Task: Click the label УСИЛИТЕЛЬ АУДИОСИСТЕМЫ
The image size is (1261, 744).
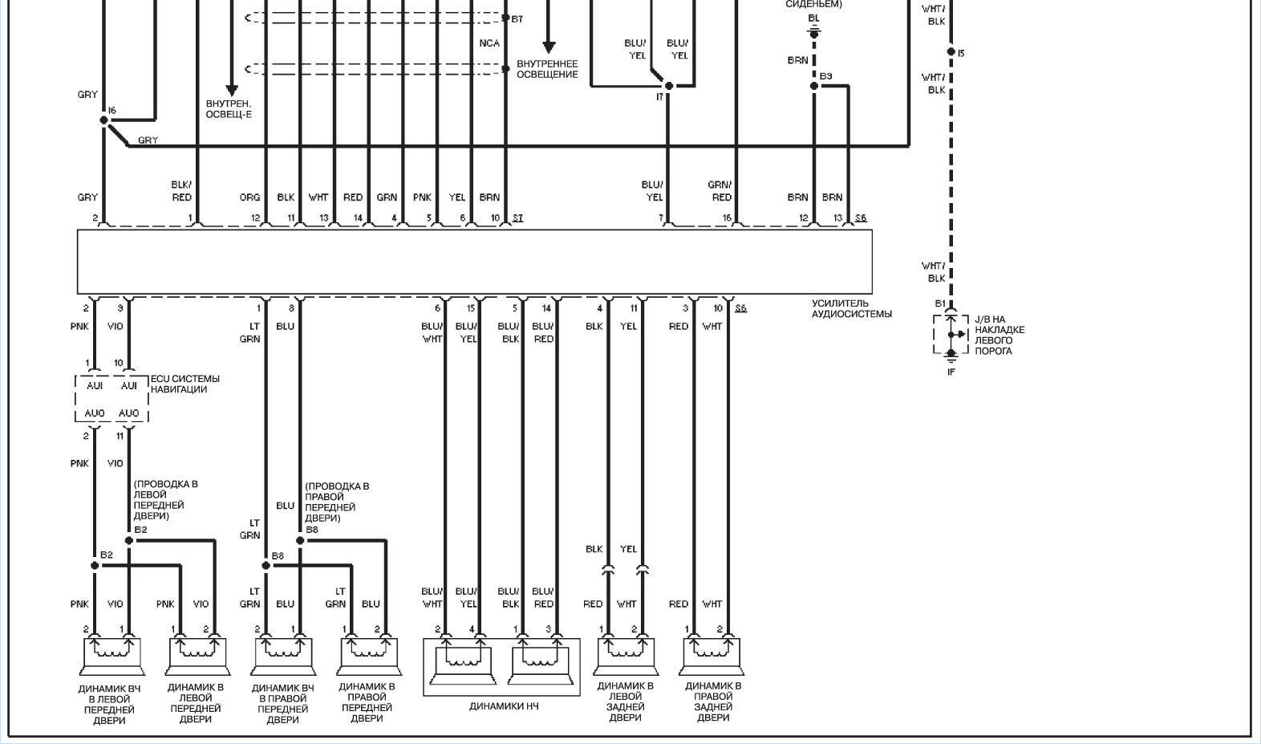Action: [851, 309]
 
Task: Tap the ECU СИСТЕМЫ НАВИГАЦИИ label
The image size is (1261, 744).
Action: [184, 384]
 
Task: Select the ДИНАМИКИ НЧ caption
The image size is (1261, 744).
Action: [504, 706]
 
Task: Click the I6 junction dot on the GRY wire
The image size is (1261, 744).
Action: [104, 120]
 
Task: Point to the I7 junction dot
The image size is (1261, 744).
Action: [669, 86]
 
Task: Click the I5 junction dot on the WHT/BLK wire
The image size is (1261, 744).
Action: [951, 52]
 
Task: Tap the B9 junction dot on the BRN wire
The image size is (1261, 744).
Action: [814, 86]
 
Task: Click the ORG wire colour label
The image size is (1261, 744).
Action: [249, 197]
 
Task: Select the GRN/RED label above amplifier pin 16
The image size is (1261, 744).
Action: [720, 191]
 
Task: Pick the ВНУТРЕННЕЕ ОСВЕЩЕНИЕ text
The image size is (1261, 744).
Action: [547, 69]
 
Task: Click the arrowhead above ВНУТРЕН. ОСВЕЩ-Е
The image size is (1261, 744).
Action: [231, 91]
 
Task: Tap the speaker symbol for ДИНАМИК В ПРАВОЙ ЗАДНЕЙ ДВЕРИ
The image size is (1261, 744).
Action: [712, 657]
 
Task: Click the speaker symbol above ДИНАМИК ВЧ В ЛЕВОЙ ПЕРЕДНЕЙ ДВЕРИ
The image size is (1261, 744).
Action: [112, 657]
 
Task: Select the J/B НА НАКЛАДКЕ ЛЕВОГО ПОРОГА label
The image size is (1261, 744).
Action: [999, 335]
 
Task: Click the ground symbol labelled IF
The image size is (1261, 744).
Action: [951, 359]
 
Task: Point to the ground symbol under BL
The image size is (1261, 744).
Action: [814, 33]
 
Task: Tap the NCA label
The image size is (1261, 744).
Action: [489, 43]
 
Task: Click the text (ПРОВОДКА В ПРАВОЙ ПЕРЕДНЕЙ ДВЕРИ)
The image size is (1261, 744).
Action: [337, 502]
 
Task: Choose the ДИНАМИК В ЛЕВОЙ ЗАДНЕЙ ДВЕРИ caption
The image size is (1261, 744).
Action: [625, 701]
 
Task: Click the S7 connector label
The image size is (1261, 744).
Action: [517, 218]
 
